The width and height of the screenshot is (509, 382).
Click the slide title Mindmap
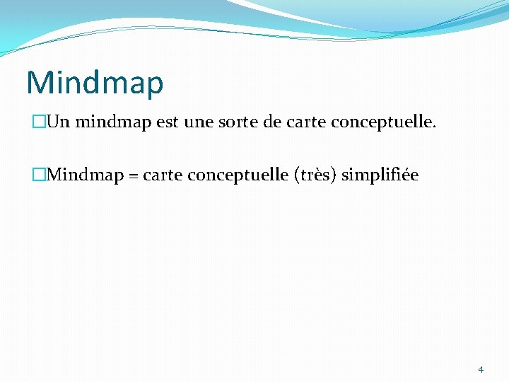[x=95, y=83]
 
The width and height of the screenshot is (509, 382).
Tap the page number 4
[x=481, y=369]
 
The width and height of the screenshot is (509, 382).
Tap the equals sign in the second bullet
[x=132, y=175]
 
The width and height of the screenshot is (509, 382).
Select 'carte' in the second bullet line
[x=163, y=175]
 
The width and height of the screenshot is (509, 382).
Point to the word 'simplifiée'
[x=380, y=175]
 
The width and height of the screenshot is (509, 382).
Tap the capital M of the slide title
[x=38, y=82]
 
